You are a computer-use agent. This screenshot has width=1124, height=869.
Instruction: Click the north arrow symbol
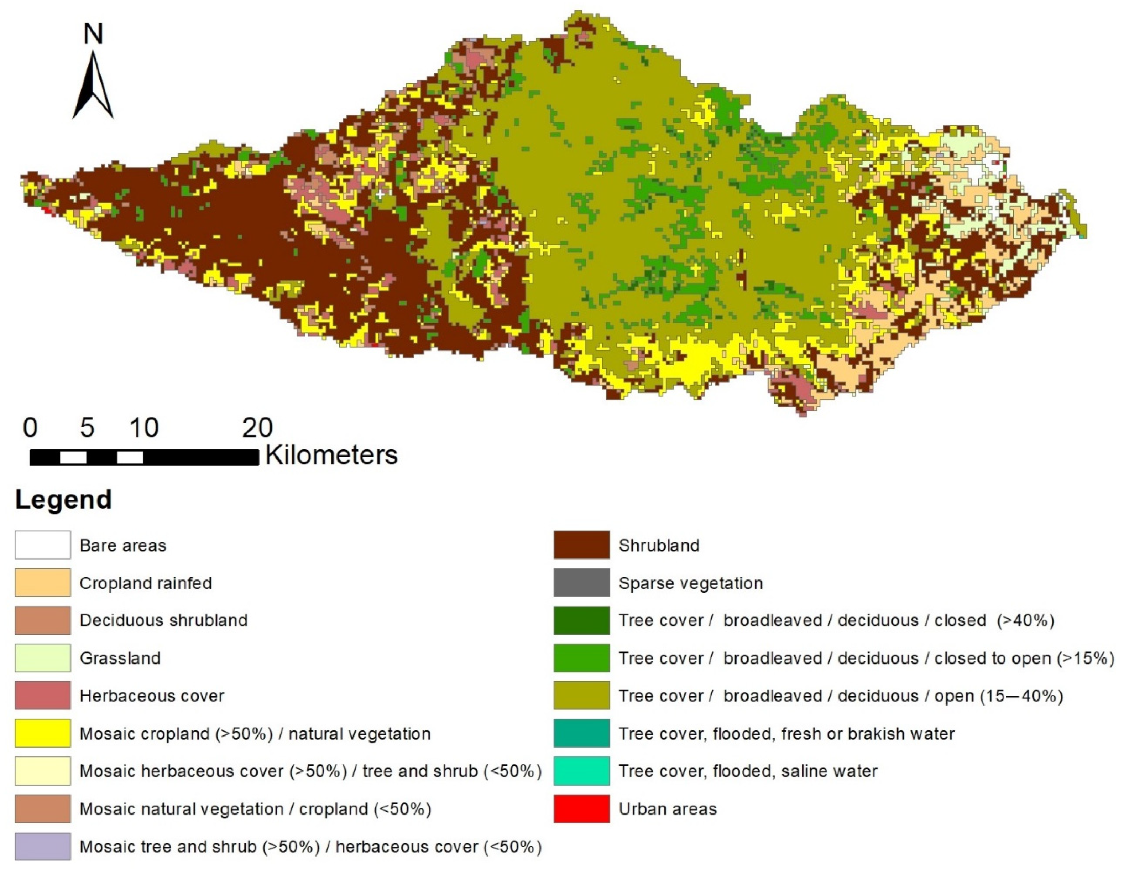coord(93,88)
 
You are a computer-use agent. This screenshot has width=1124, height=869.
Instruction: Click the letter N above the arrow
coord(93,34)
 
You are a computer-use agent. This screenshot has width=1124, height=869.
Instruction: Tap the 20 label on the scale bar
coord(257,428)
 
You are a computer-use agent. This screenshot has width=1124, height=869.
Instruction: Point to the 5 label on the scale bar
coord(87,428)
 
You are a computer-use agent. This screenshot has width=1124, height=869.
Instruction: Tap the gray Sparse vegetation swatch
coord(581,583)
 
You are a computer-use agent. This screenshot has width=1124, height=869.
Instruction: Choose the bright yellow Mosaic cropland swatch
coord(43,733)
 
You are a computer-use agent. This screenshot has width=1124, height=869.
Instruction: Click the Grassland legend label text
coord(120,658)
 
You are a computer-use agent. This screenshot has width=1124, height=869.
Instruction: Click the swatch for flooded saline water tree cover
coord(581,771)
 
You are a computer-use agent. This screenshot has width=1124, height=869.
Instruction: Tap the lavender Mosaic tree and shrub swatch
coord(43,846)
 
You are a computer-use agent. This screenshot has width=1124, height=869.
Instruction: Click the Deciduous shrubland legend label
coord(164,620)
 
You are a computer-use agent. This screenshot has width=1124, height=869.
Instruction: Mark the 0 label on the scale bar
coord(30,428)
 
